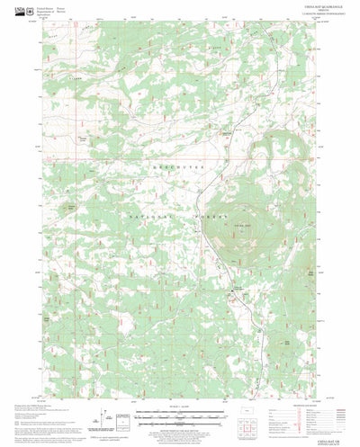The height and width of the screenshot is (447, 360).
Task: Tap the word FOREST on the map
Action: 203,218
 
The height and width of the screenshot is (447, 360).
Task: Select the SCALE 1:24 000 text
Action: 180,409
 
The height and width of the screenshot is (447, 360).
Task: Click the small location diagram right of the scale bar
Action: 248,416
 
